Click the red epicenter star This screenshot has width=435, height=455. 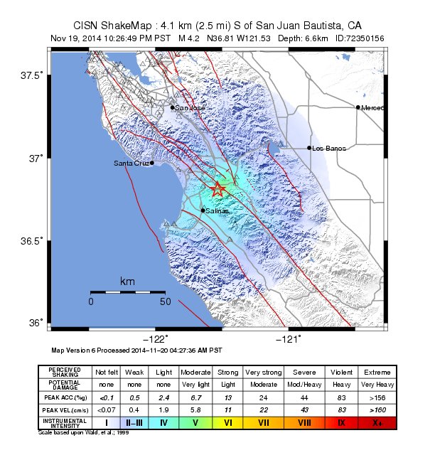(x=218, y=189)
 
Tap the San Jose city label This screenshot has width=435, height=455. (x=190, y=108)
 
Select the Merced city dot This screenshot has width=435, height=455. (x=358, y=107)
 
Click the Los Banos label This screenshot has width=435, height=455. (x=329, y=149)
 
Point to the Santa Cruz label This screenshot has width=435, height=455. (x=131, y=164)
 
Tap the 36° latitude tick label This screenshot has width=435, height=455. (x=36, y=323)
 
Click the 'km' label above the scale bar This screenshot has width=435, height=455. (x=127, y=282)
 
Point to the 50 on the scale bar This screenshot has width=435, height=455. (x=165, y=301)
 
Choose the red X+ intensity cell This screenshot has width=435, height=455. (x=375, y=423)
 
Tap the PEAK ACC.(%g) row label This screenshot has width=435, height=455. (x=65, y=397)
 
